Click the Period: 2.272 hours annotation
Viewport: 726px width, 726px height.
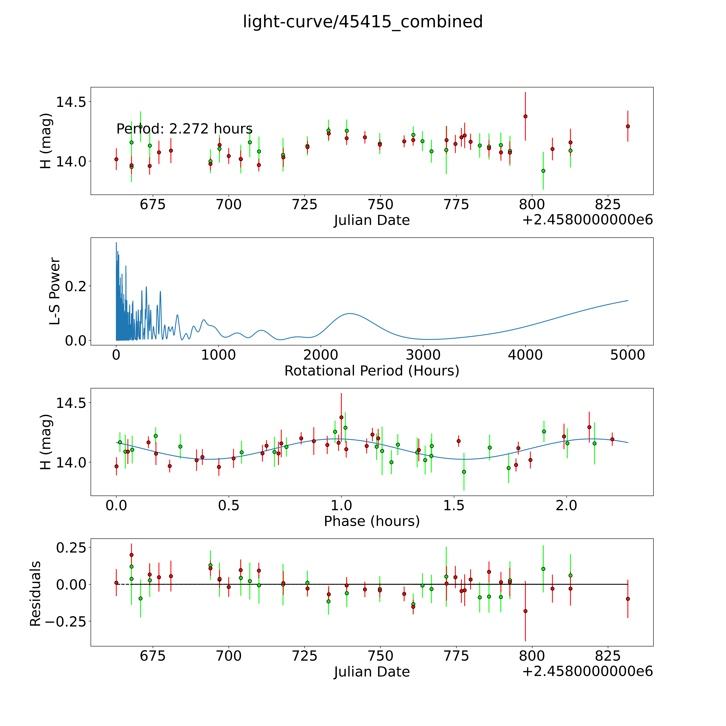click(x=184, y=129)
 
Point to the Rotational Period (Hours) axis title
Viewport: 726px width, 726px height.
click(x=372, y=371)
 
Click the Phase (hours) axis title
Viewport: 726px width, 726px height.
click(x=372, y=521)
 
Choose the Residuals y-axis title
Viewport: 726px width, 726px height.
click(x=35, y=594)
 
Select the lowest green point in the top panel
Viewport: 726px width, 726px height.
click(x=543, y=171)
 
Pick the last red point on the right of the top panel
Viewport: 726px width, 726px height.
click(x=628, y=126)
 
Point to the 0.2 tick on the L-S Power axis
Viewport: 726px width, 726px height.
click(x=75, y=286)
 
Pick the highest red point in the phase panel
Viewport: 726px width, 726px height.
click(x=341, y=417)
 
